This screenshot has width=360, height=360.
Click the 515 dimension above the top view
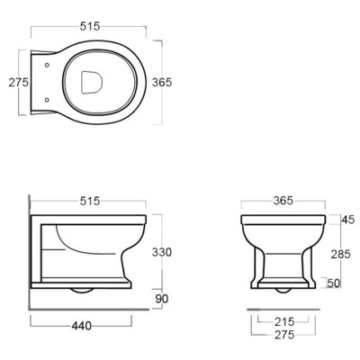(90, 26)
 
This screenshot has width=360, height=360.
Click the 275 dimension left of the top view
(18, 82)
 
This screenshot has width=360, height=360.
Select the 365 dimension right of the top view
(162, 82)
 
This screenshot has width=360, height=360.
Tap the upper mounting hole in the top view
(47, 65)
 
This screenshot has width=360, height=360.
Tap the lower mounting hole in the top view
(47, 100)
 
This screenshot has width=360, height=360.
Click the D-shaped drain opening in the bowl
(92, 82)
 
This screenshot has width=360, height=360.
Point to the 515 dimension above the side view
(90, 201)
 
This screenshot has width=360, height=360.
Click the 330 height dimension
(162, 252)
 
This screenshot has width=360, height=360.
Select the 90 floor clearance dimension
(162, 299)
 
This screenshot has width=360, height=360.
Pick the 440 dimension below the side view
(81, 326)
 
